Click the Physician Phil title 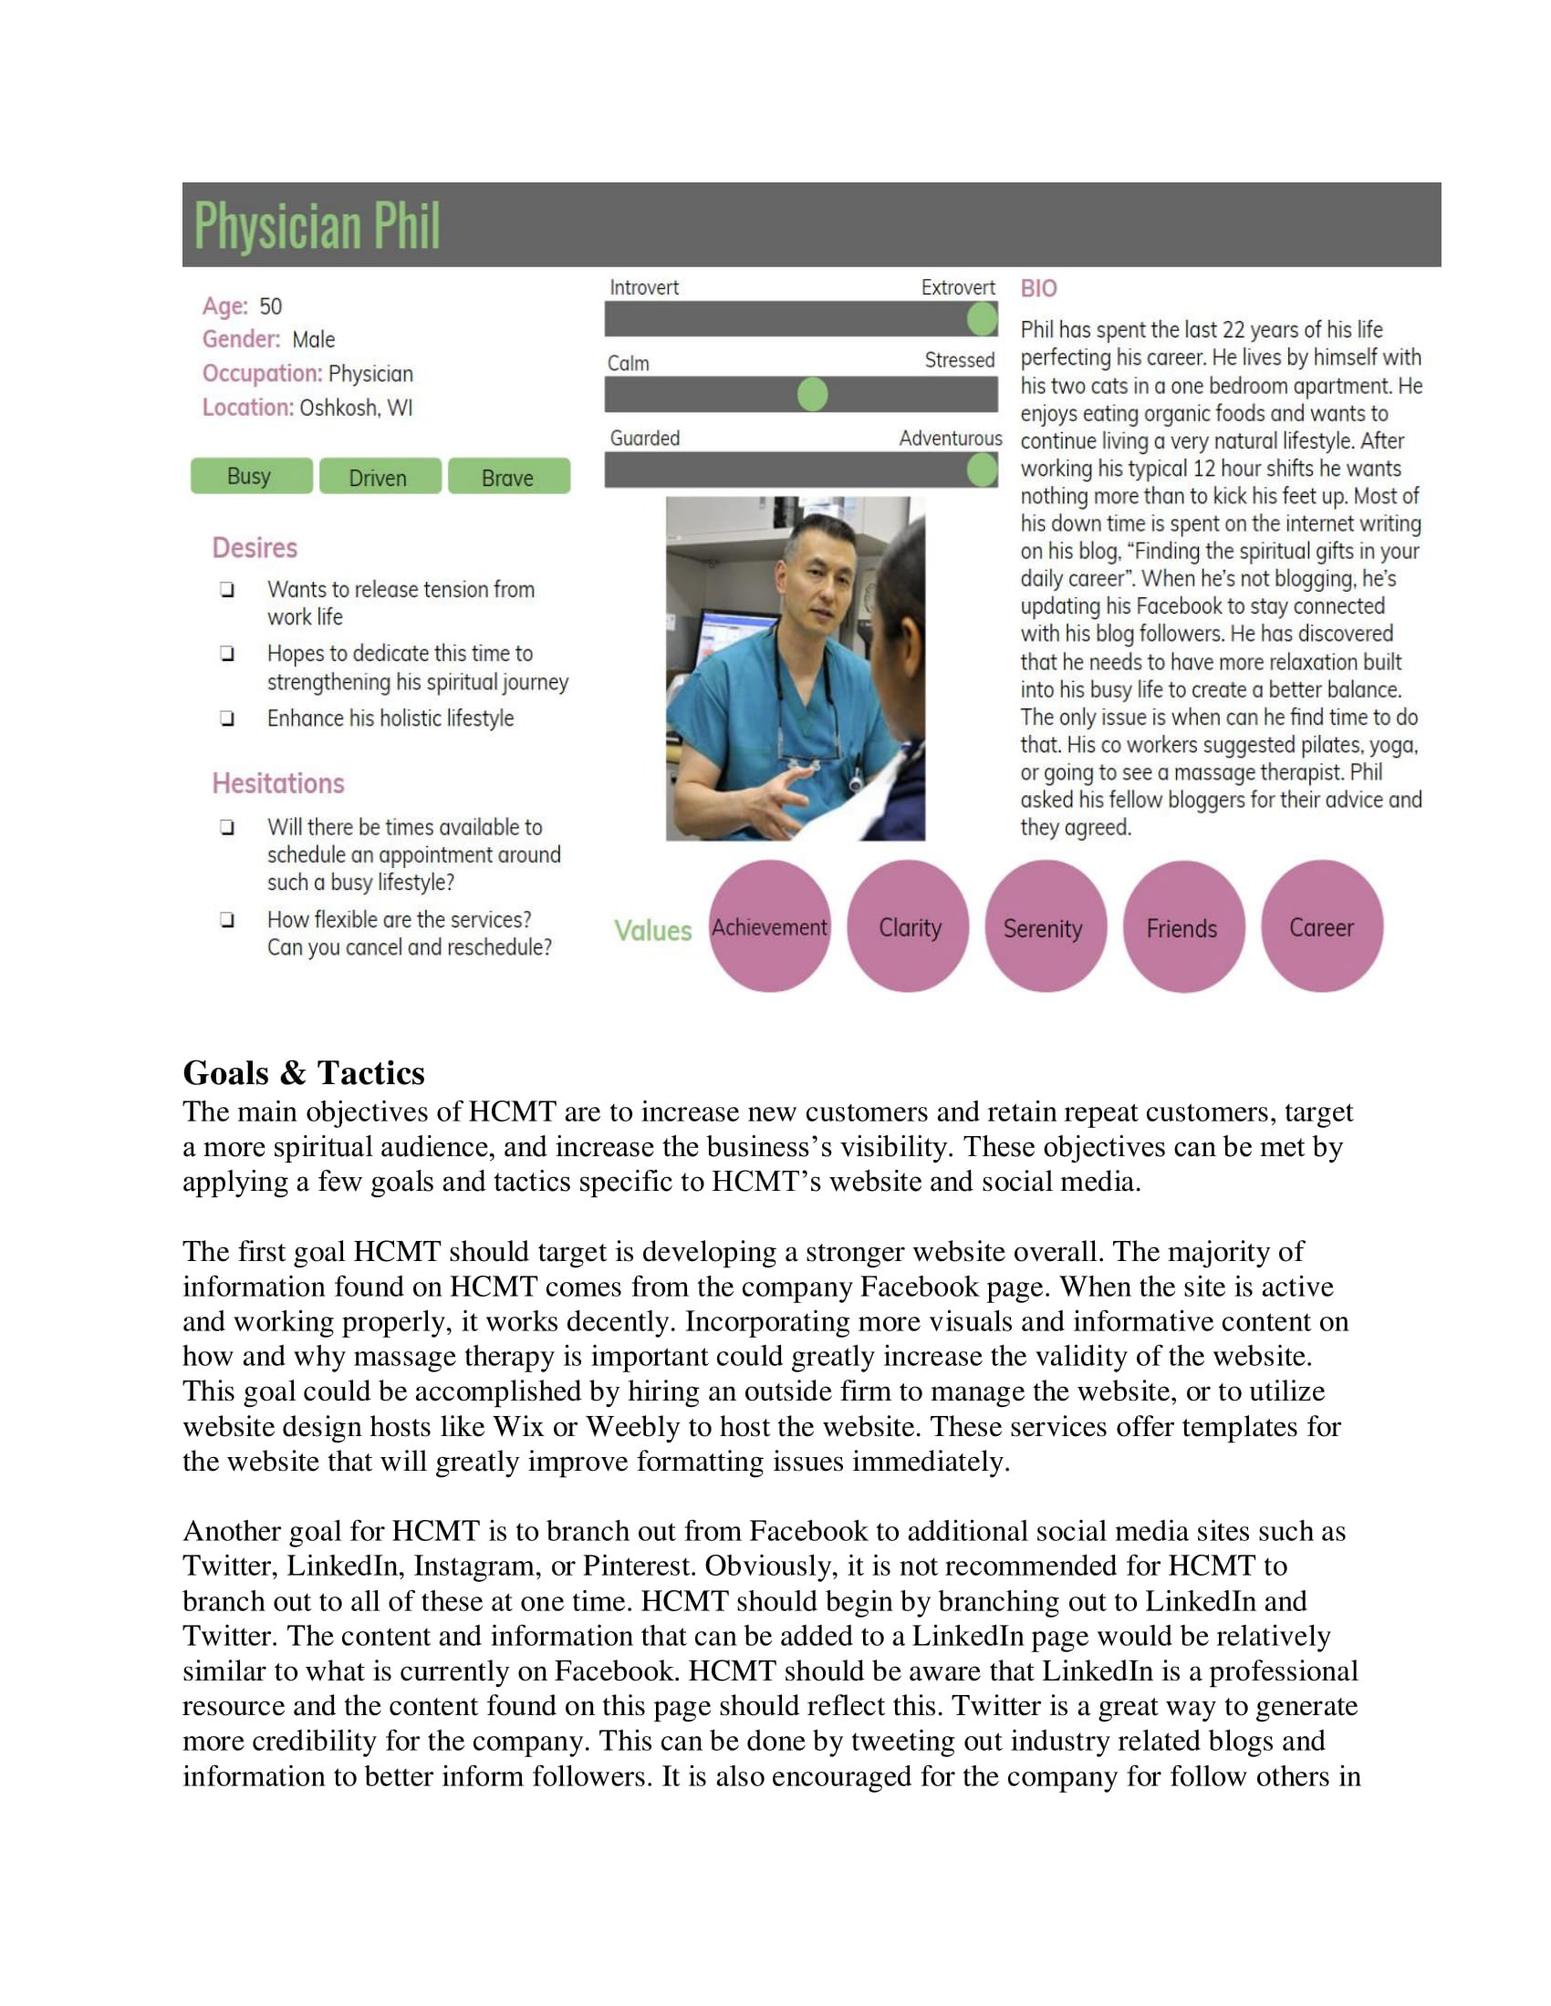tap(317, 226)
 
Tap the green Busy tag tap(251, 476)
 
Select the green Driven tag tap(380, 477)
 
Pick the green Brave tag tap(508, 477)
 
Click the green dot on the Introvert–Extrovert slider tap(982, 320)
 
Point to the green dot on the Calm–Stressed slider tap(812, 394)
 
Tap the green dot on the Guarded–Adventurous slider tap(982, 470)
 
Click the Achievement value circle tap(770, 926)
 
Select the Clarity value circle tap(909, 926)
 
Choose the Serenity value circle tap(1045, 926)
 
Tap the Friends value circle tap(1182, 926)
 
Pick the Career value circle tap(1321, 926)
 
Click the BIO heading tap(1038, 288)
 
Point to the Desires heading tap(255, 548)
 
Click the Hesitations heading tap(277, 783)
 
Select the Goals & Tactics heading tap(303, 1073)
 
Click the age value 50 tap(270, 306)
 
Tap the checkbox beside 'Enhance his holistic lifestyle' tap(227, 719)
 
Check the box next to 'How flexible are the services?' tap(227, 919)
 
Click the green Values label tap(652, 930)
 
